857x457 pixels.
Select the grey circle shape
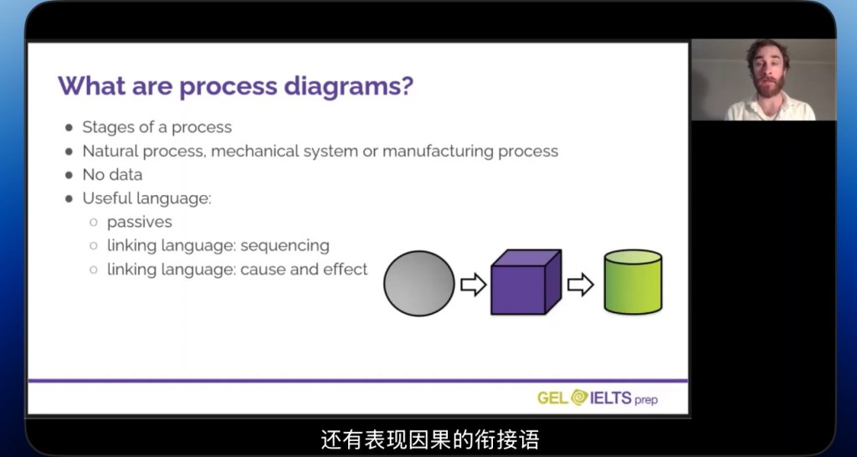(419, 284)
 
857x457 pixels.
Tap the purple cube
(524, 283)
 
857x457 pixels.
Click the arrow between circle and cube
(474, 285)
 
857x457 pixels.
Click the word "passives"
(140, 222)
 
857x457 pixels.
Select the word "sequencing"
(287, 245)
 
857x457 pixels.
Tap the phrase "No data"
(112, 174)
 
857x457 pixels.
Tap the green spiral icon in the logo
(579, 398)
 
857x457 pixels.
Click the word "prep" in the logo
(646, 399)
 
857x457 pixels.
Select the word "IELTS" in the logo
(610, 398)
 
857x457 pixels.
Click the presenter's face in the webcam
(763, 76)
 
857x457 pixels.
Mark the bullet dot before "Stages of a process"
(68, 128)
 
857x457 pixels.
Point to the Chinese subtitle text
(429, 439)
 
